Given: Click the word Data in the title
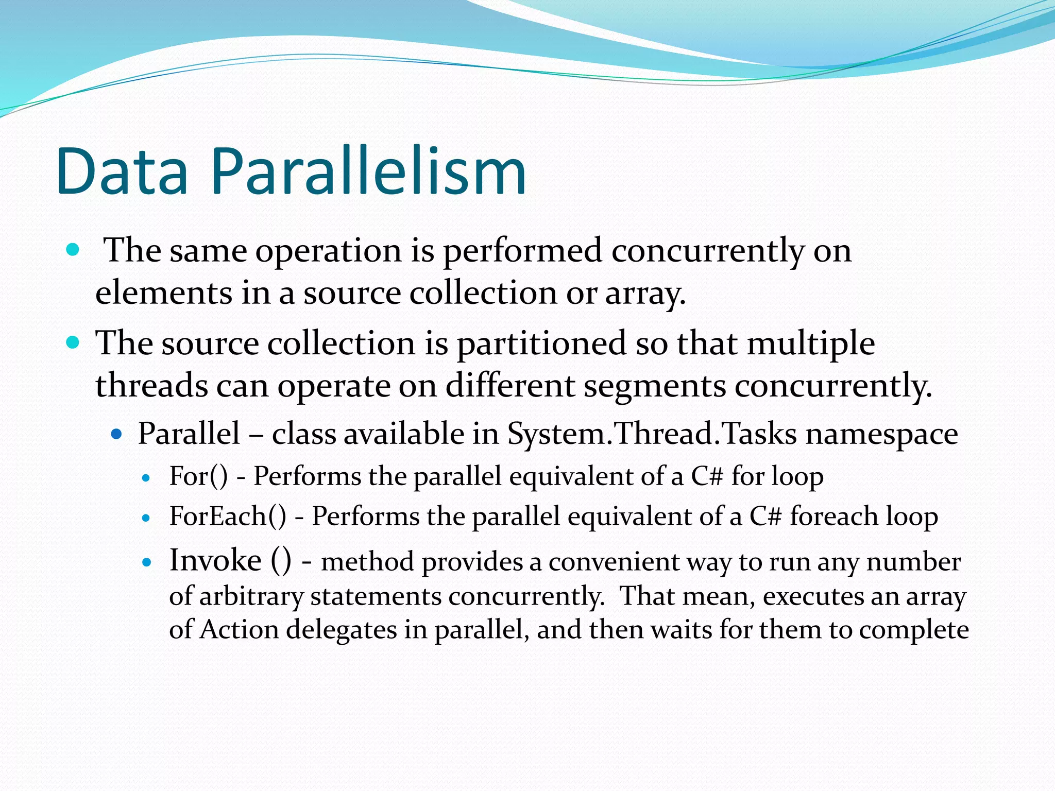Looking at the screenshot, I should pos(123,172).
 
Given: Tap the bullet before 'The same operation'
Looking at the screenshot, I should pos(73,250).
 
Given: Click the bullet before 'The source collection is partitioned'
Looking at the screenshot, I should pos(73,342).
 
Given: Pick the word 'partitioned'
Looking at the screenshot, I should pos(541,344).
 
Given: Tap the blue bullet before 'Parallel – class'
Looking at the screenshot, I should pos(117,434).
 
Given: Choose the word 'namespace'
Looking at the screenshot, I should pos(881,435).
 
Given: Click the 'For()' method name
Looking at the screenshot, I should pos(198,476).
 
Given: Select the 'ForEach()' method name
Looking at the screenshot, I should pos(227,516).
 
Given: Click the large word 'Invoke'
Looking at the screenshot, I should pos(215,560).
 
